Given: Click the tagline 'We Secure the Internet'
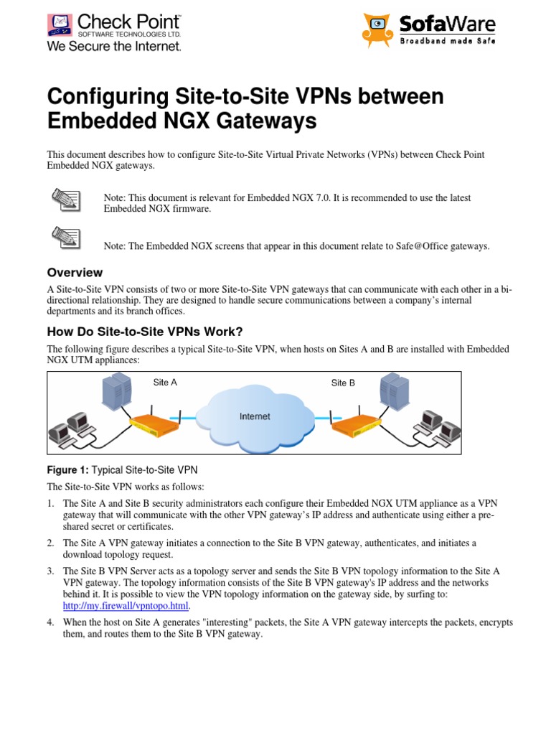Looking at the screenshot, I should point(114,46).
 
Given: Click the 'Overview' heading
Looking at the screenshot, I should point(75,273).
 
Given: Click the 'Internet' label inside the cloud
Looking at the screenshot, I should point(255,416).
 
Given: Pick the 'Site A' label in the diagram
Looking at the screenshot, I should point(165,383).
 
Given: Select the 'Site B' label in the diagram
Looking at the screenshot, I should point(343,383).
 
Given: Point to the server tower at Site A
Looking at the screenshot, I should point(118,391).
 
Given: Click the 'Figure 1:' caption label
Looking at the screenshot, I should point(66,470).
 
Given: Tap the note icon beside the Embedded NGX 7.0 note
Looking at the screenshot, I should point(65,198).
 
